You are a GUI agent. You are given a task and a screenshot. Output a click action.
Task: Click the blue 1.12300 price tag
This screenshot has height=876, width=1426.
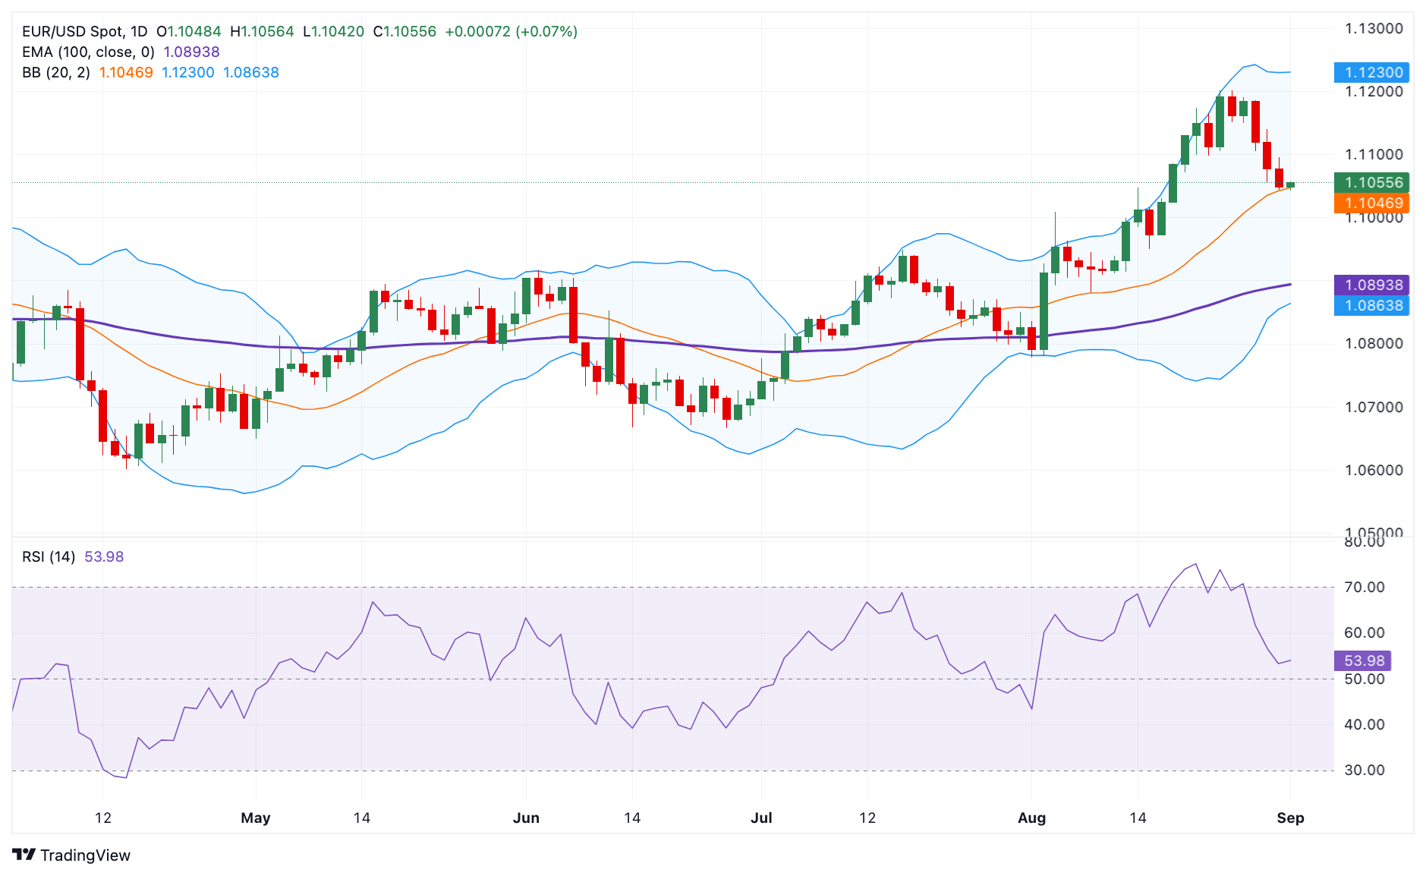click(1371, 73)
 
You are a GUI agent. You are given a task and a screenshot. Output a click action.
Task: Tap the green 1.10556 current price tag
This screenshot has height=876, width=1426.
click(1371, 182)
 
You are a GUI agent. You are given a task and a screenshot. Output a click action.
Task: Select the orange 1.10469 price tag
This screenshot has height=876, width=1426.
click(1371, 203)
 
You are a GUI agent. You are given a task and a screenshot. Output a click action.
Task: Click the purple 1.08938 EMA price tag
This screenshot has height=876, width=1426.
click(1371, 285)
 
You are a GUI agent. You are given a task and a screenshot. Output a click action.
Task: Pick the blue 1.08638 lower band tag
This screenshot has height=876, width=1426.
click(1371, 305)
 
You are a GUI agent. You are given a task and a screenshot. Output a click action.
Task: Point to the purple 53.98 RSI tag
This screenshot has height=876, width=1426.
click(1363, 660)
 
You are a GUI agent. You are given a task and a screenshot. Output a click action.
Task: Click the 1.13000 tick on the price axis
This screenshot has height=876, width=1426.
click(1374, 29)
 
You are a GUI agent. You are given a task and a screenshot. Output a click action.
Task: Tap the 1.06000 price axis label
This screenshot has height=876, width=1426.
click(1374, 470)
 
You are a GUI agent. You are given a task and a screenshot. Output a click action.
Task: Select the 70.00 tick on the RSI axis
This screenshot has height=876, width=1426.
click(1365, 587)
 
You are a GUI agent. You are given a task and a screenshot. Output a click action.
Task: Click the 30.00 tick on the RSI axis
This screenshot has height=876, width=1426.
click(1365, 770)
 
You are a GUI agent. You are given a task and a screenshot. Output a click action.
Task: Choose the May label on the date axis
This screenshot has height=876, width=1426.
click(256, 818)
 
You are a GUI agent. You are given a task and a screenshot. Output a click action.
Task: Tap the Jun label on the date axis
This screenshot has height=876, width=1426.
click(526, 818)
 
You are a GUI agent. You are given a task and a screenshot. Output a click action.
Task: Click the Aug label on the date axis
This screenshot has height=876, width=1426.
click(1031, 818)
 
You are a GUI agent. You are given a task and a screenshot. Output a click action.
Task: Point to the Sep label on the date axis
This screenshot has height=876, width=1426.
click(1290, 818)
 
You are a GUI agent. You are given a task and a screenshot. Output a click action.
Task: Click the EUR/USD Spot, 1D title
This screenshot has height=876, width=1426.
click(84, 32)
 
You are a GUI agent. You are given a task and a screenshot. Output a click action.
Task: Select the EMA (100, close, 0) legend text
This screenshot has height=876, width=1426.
click(88, 52)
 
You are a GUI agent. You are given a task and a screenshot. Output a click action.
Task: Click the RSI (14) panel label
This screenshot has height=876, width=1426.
click(49, 556)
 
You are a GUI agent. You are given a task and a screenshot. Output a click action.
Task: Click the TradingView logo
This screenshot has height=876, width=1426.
click(71, 855)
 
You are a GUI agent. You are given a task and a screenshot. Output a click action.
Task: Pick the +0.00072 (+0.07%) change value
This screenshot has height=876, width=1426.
click(511, 32)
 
